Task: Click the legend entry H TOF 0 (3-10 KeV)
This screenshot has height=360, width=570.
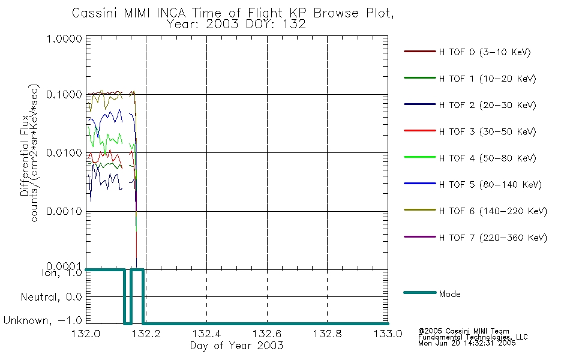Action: [x=485, y=52]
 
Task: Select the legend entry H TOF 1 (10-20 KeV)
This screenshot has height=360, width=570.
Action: [x=487, y=79]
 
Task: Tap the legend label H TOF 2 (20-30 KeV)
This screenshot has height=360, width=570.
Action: [x=487, y=105]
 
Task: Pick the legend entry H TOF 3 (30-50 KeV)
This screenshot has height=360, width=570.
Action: [x=487, y=131]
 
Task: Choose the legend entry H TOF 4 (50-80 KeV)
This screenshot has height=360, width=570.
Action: [x=487, y=158]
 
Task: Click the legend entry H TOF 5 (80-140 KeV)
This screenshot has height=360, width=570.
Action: [x=490, y=185]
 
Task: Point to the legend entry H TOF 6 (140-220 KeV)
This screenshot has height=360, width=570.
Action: [x=493, y=211]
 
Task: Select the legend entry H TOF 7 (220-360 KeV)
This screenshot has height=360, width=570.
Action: [x=493, y=238]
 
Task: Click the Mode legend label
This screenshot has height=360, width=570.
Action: [x=449, y=294]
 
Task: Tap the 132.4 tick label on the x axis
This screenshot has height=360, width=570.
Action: [x=207, y=334]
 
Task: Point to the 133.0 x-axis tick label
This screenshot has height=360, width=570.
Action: [x=388, y=334]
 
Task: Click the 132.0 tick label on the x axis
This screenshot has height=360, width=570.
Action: [x=86, y=334]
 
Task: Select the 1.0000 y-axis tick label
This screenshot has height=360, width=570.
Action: [x=64, y=38]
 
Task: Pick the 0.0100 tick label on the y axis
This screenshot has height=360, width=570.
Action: [x=64, y=153]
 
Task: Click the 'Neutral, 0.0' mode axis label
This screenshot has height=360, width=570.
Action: [x=51, y=297]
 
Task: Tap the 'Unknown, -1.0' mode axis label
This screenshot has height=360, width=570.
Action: [x=43, y=320]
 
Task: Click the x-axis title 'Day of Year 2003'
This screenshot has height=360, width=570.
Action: [x=236, y=346]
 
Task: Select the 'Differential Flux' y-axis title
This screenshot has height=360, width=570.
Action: [x=25, y=155]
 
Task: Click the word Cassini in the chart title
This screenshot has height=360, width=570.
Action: [x=95, y=13]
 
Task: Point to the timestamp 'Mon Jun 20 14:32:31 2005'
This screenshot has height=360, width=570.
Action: [x=467, y=343]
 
